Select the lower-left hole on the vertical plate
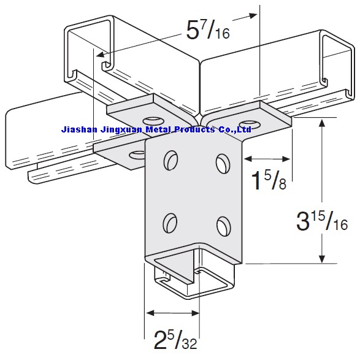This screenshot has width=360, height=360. pyautogui.click(x=170, y=221)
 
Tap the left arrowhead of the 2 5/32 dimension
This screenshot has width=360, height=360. pyautogui.click(x=148, y=313)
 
